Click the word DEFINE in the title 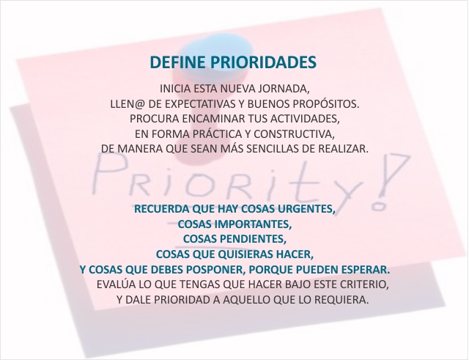tap(178, 62)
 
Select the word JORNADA tap(284, 89)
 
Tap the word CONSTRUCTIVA tap(294, 134)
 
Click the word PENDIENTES tap(253, 239)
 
